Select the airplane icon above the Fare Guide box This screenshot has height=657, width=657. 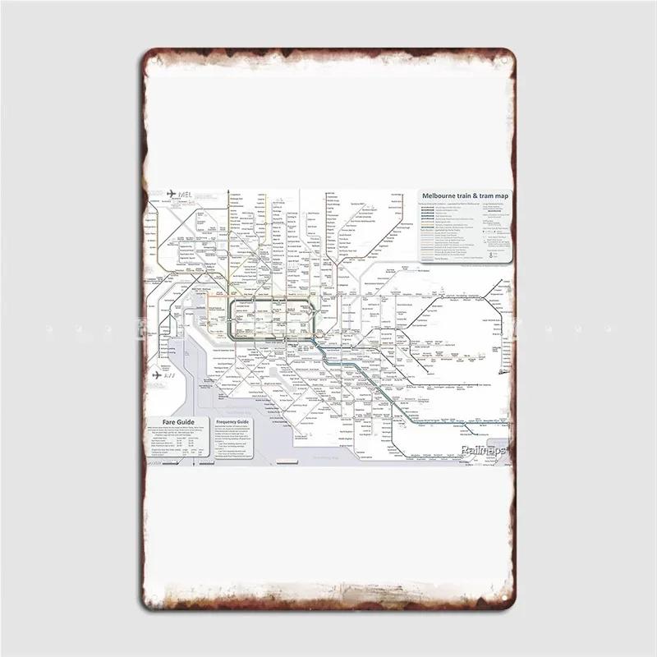coord(156,376)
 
